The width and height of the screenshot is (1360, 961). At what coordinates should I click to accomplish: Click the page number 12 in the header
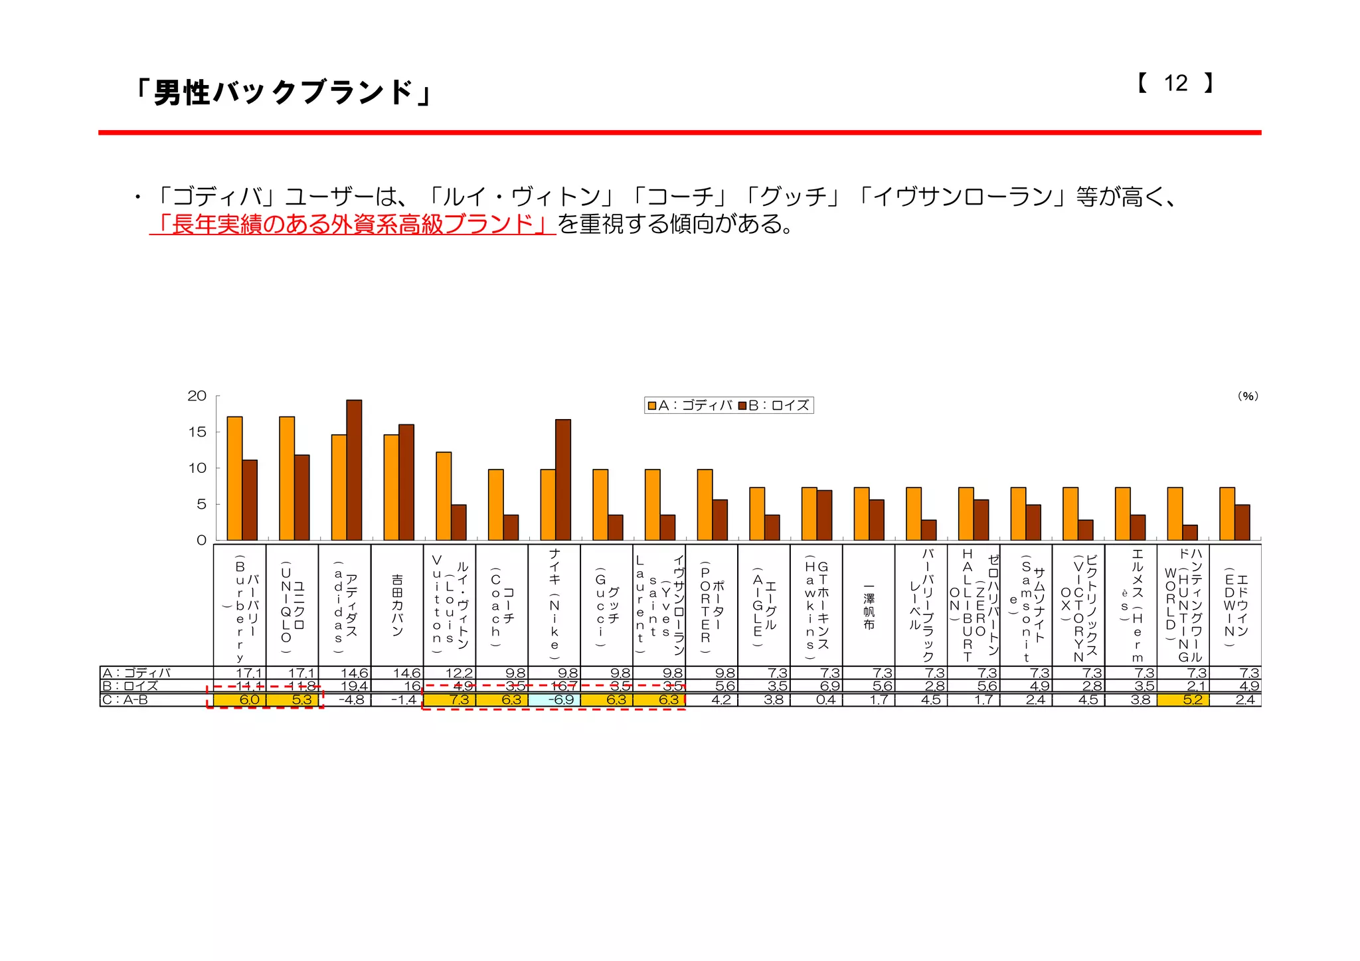pyautogui.click(x=1175, y=83)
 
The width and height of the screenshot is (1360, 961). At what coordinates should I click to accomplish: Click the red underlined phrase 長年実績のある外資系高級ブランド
pyautogui.click(x=353, y=224)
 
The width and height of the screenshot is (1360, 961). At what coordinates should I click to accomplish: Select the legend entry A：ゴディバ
pyautogui.click(x=691, y=405)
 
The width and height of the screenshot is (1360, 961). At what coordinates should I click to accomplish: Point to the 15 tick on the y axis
pyautogui.click(x=197, y=432)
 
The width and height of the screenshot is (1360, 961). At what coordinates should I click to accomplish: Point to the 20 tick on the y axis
pyautogui.click(x=197, y=396)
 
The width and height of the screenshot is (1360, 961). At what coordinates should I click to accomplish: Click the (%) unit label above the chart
pyautogui.click(x=1247, y=396)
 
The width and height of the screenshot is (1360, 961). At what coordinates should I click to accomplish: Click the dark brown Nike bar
pyautogui.click(x=562, y=480)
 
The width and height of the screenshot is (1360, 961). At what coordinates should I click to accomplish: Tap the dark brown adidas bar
pyautogui.click(x=354, y=470)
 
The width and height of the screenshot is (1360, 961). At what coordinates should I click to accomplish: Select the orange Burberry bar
pyautogui.click(x=234, y=478)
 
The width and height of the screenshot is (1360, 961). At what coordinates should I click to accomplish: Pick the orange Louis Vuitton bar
pyautogui.click(x=444, y=495)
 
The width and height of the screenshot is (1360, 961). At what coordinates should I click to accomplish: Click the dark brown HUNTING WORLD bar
pyautogui.click(x=1190, y=532)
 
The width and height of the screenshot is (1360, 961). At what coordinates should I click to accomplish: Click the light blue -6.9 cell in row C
pyautogui.click(x=554, y=699)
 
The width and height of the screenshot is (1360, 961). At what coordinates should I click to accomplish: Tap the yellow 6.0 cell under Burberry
pyautogui.click(x=240, y=699)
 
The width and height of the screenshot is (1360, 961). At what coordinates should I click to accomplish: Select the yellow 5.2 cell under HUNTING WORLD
pyautogui.click(x=1183, y=699)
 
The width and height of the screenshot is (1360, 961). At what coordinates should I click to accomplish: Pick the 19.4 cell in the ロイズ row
pyautogui.click(x=345, y=686)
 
